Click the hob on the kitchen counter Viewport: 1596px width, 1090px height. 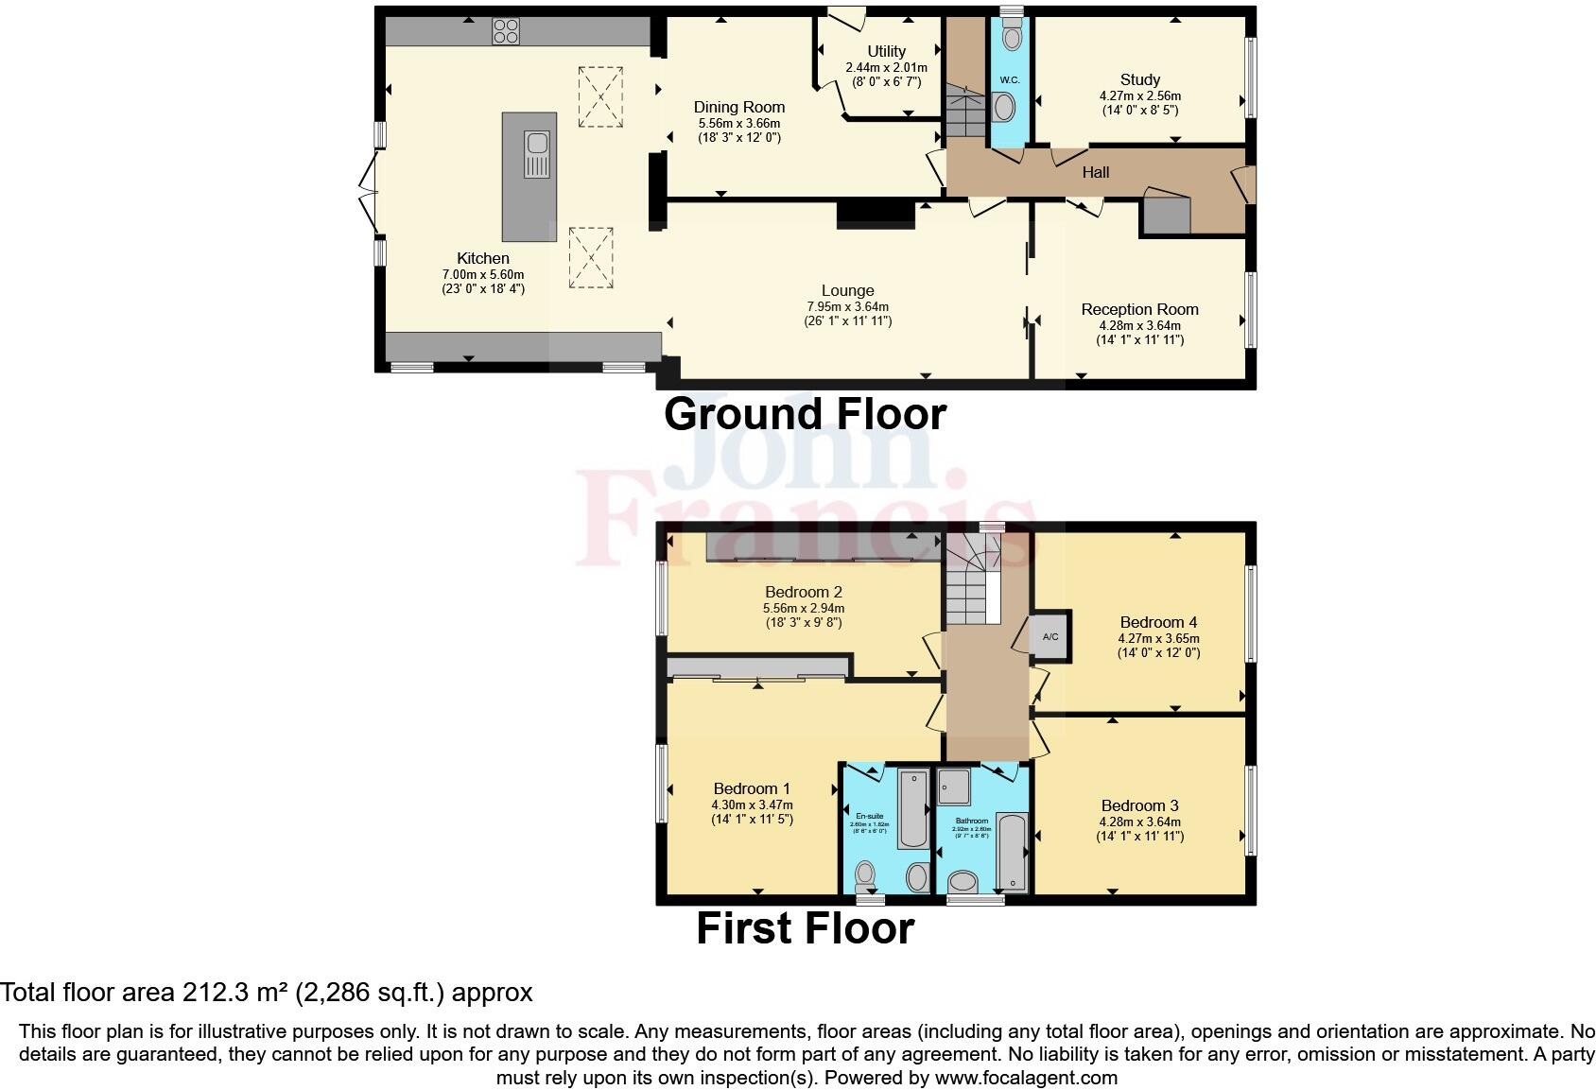[x=506, y=31]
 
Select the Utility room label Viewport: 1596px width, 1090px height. [x=886, y=51]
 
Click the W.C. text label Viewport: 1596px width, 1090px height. [x=1010, y=79]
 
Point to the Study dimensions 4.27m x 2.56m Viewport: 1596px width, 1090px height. [x=1139, y=95]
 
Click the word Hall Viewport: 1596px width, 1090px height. [x=1095, y=172]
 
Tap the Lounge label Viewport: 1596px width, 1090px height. [x=847, y=290]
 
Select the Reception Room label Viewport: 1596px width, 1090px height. [x=1139, y=309]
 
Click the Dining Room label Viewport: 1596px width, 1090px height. [x=739, y=107]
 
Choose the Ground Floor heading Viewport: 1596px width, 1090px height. [x=805, y=414]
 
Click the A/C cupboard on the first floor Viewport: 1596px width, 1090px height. [x=1050, y=637]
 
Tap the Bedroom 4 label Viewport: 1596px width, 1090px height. [x=1158, y=622]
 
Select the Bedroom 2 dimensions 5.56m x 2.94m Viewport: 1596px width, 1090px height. [x=803, y=608]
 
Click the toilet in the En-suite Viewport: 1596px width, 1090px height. [x=865, y=875]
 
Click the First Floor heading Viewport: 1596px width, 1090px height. [x=805, y=928]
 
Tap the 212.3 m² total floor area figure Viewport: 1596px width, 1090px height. [x=237, y=993]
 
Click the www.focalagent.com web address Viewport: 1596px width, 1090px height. [x=1026, y=1078]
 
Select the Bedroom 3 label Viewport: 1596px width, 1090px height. [x=1139, y=805]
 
